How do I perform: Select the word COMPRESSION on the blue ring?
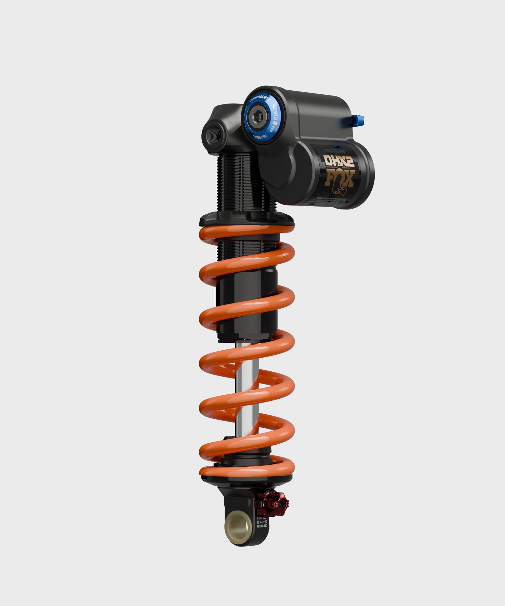pyautogui.click(x=260, y=99)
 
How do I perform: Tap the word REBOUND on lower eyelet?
pyautogui.click(x=262, y=526)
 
